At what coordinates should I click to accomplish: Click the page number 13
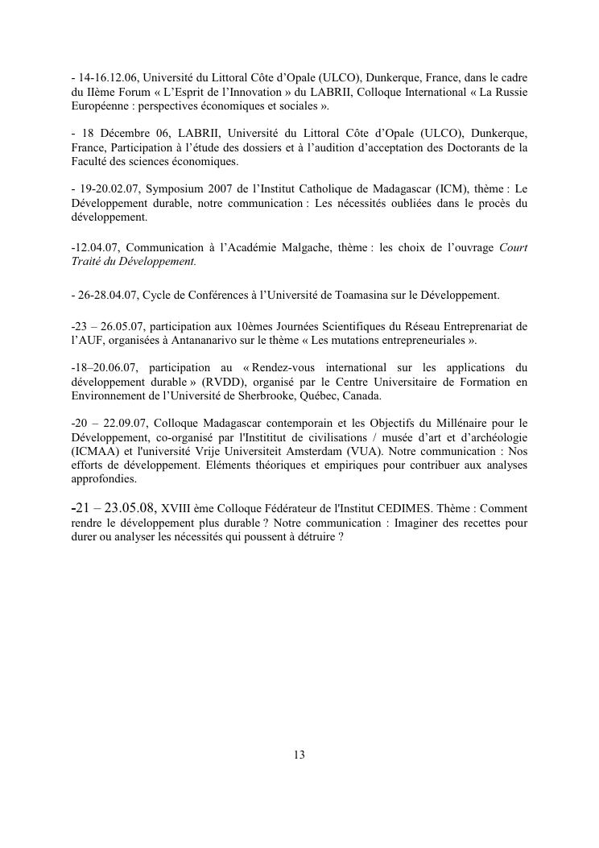(x=299, y=755)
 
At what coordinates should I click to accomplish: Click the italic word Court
(x=514, y=247)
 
